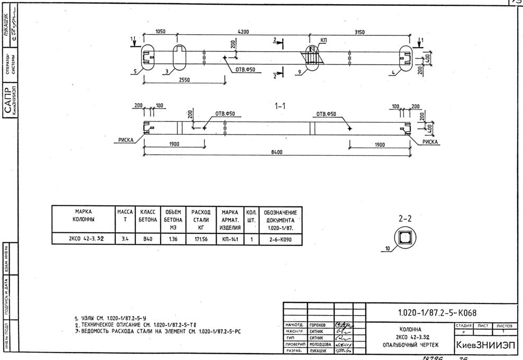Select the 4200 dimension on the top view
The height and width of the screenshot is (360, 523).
pyautogui.click(x=244, y=32)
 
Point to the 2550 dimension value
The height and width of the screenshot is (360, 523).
pyautogui.click(x=184, y=80)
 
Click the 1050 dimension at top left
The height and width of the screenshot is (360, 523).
pyautogui.click(x=160, y=32)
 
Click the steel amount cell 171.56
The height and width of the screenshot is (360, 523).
pyautogui.click(x=199, y=239)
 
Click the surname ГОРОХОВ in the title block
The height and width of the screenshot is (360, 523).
pyautogui.click(x=318, y=325)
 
